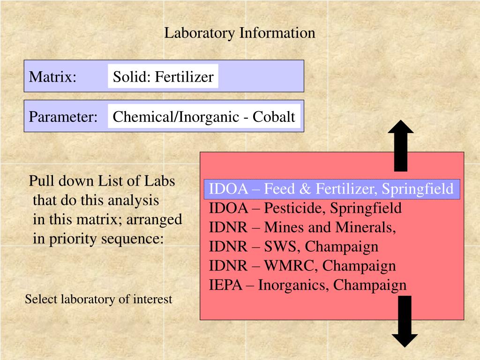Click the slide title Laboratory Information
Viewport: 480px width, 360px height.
tap(240, 33)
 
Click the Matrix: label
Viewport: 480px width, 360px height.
tap(52, 76)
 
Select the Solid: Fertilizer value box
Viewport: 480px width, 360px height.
tap(163, 76)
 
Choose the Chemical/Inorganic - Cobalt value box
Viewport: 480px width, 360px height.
tap(204, 117)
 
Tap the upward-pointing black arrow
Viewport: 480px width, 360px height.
tap(401, 145)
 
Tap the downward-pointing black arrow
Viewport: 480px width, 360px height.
tap(405, 322)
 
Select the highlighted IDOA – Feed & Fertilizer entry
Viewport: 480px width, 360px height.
tap(331, 189)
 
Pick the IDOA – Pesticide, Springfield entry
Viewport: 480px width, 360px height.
tap(305, 208)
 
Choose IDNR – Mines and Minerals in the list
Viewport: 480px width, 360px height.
tap(302, 227)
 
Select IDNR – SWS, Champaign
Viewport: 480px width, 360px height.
tap(293, 247)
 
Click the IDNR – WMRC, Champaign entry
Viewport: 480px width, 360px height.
tap(302, 266)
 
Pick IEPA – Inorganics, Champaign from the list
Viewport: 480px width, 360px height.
tap(308, 285)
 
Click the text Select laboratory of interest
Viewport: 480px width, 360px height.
tap(98, 299)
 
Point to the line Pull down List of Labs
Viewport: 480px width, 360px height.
tap(102, 181)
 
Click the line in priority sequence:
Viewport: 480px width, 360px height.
tap(98, 239)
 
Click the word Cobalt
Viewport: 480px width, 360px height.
tap(274, 117)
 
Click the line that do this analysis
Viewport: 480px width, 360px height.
tap(96, 201)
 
